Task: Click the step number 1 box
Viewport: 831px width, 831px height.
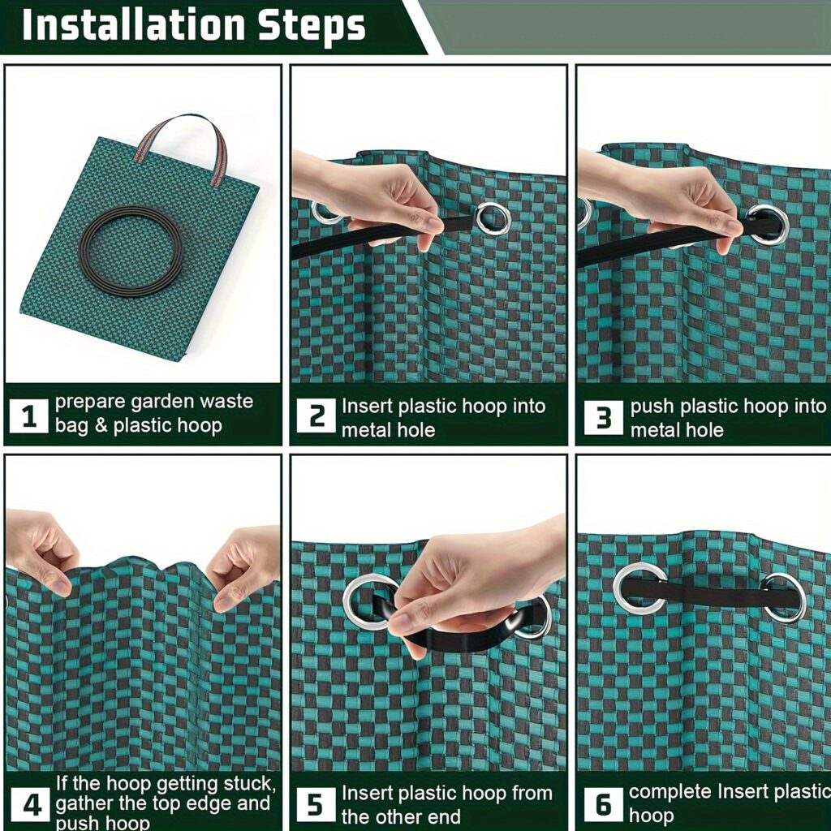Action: click(x=29, y=417)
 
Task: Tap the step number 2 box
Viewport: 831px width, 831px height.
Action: click(x=316, y=417)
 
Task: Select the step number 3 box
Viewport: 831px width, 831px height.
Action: click(x=603, y=417)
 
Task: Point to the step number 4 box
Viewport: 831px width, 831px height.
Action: click(x=31, y=805)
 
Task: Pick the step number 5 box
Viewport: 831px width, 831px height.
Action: click(x=316, y=805)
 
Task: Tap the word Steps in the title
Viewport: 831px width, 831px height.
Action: click(x=312, y=26)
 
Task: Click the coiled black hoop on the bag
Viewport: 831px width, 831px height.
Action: click(x=131, y=251)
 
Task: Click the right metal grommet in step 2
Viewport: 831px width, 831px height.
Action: click(x=493, y=218)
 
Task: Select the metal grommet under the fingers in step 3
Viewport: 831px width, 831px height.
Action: click(x=767, y=223)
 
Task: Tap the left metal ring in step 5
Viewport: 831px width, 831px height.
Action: click(x=369, y=601)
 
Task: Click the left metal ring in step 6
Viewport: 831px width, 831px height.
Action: click(x=639, y=588)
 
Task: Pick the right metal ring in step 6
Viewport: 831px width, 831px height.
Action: click(x=784, y=598)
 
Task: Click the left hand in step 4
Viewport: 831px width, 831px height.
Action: click(x=41, y=548)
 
